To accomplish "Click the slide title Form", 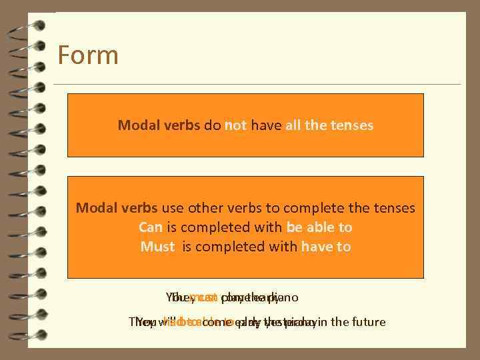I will (x=88, y=55).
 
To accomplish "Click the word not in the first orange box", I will (x=236, y=125).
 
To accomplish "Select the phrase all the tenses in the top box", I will (x=329, y=125).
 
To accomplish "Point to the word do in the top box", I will (x=213, y=125).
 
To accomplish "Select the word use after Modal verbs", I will (x=175, y=208).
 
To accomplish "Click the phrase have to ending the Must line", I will (x=326, y=247).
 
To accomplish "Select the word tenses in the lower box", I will (x=393, y=208).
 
